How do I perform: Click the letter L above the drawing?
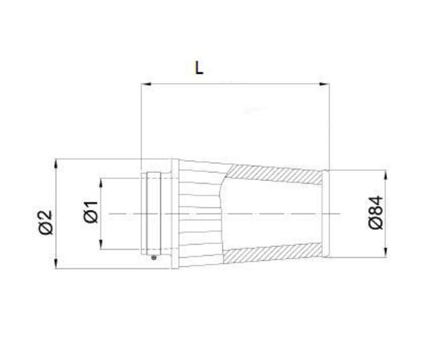pyautogui.click(x=199, y=67)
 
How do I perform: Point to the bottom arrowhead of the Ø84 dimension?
pyautogui.click(x=386, y=253)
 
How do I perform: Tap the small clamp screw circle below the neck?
pyautogui.click(x=153, y=258)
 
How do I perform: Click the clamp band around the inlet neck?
pyautogui.click(x=154, y=214)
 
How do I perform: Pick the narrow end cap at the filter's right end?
pyautogui.click(x=326, y=214)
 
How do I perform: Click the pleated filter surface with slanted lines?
pyautogui.click(x=199, y=213)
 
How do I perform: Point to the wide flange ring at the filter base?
pyautogui.click(x=175, y=214)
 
